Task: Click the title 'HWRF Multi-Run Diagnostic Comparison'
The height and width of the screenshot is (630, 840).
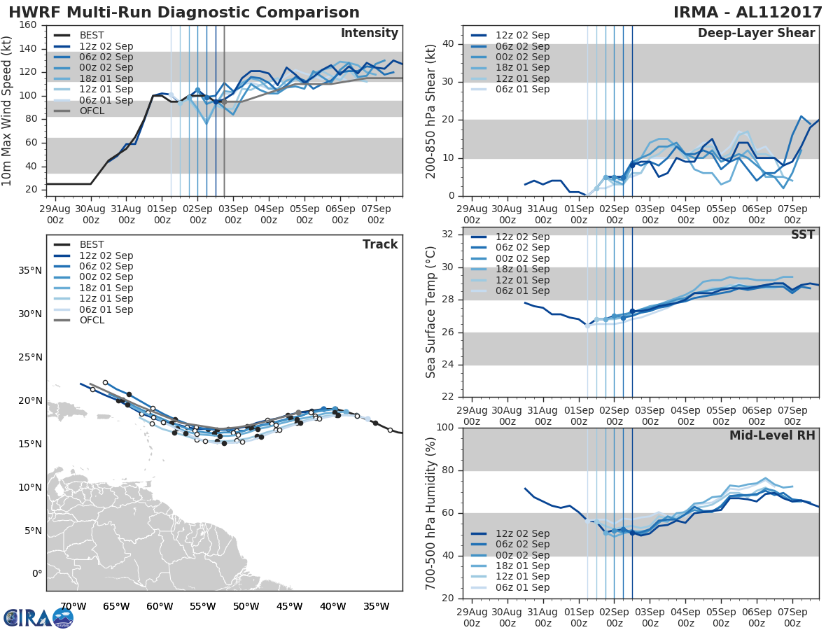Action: tap(184, 13)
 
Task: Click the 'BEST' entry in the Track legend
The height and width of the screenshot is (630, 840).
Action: tap(92, 244)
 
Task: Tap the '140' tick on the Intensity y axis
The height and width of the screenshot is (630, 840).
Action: tap(29, 48)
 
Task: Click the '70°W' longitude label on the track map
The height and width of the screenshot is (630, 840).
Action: tap(73, 606)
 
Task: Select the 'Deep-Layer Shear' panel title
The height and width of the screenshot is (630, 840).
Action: tap(756, 34)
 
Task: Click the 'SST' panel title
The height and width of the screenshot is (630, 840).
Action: tap(803, 234)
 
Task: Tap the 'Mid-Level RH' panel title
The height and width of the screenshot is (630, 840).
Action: tap(772, 435)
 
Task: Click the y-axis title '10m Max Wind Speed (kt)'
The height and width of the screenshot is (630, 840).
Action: tap(8, 106)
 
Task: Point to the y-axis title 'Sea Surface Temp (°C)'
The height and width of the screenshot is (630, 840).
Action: tap(431, 311)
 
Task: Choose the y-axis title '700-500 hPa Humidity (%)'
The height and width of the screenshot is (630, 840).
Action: tap(431, 512)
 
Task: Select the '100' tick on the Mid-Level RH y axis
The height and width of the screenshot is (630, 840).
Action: tap(443, 427)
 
